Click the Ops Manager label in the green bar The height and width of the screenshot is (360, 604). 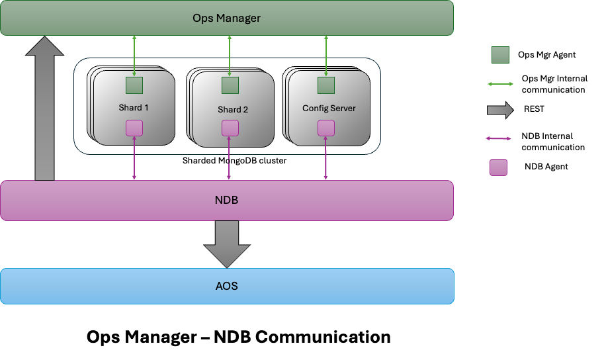[226, 18]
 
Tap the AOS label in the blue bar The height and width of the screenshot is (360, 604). [227, 286]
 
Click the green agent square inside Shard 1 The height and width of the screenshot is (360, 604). [134, 85]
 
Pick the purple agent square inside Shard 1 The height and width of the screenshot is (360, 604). [134, 127]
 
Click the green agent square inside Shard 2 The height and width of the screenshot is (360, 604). [230, 85]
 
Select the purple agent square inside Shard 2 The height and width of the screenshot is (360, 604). [230, 127]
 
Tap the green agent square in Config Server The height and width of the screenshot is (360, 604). [325, 85]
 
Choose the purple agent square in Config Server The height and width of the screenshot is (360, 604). [325, 127]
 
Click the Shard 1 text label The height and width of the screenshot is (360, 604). [134, 107]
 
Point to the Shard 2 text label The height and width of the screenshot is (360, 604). [232, 109]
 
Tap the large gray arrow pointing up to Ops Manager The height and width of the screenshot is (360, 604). [44, 109]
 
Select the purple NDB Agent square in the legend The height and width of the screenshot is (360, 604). [499, 167]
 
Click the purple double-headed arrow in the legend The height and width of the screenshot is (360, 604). [499, 138]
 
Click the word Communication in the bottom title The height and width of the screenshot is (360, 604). [323, 337]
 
